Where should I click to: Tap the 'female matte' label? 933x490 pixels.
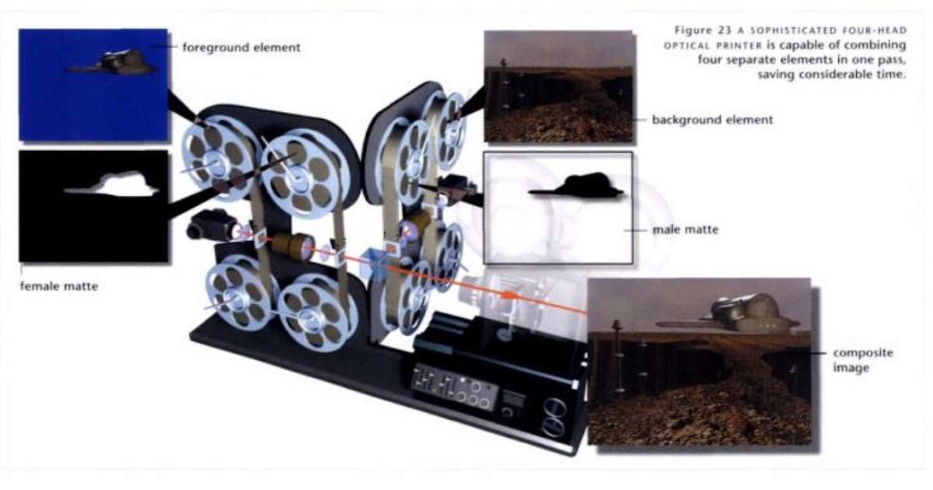pos(59,286)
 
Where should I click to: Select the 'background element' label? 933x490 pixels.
pos(712,120)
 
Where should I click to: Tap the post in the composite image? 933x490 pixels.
pos(617,354)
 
